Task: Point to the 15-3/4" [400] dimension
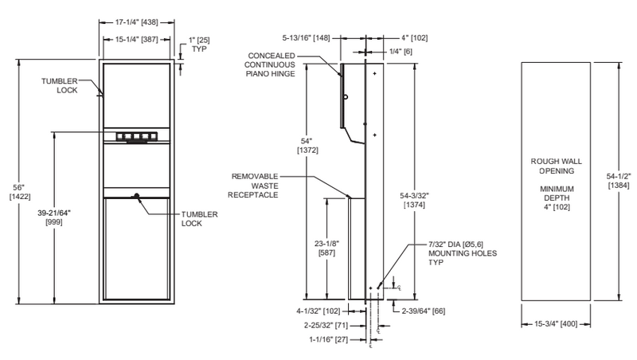tap(557, 325)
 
